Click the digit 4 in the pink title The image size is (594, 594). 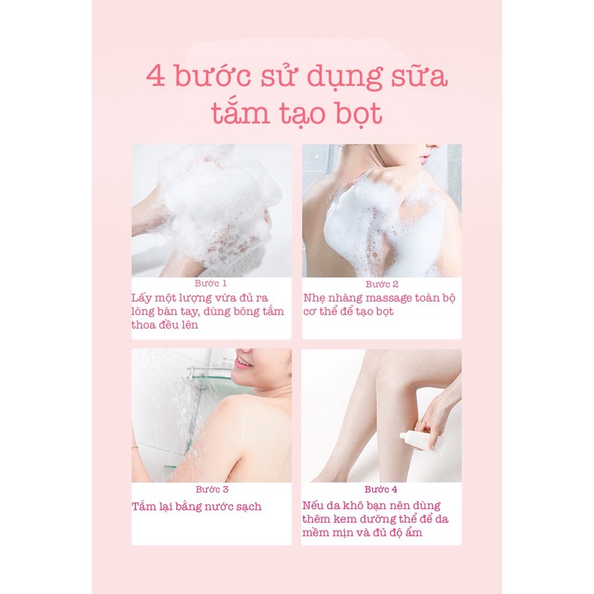point(156,77)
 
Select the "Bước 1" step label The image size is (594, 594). point(211,283)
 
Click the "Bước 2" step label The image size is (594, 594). point(382,284)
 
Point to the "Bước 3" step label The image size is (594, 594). point(212,489)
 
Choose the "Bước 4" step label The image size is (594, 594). point(380,489)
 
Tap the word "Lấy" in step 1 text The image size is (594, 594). point(138,299)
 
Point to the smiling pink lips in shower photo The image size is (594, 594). point(243,363)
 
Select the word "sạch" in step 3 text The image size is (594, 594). point(249,508)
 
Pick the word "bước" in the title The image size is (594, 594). point(212,76)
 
